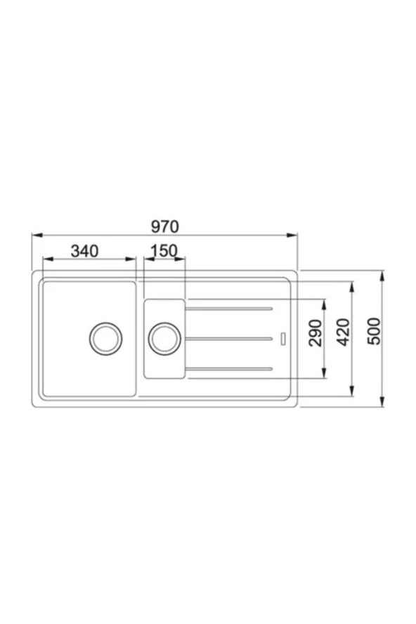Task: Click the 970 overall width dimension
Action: click(x=165, y=226)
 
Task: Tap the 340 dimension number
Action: click(x=84, y=251)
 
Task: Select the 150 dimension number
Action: click(x=164, y=251)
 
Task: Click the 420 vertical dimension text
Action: click(x=343, y=332)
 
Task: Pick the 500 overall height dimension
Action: click(x=374, y=331)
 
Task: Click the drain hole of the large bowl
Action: click(x=105, y=339)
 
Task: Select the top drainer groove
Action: click(x=229, y=308)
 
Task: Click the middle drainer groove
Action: click(x=229, y=339)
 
